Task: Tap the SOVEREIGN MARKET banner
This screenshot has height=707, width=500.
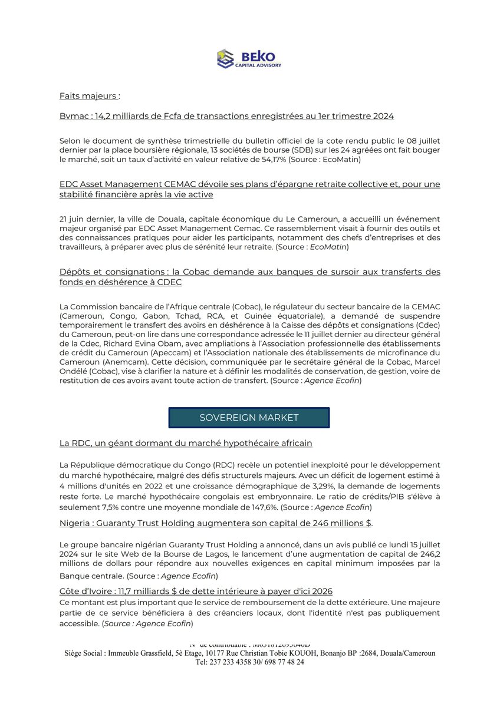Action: [x=249, y=418]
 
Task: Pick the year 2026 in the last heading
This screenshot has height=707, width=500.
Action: [x=321, y=590]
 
